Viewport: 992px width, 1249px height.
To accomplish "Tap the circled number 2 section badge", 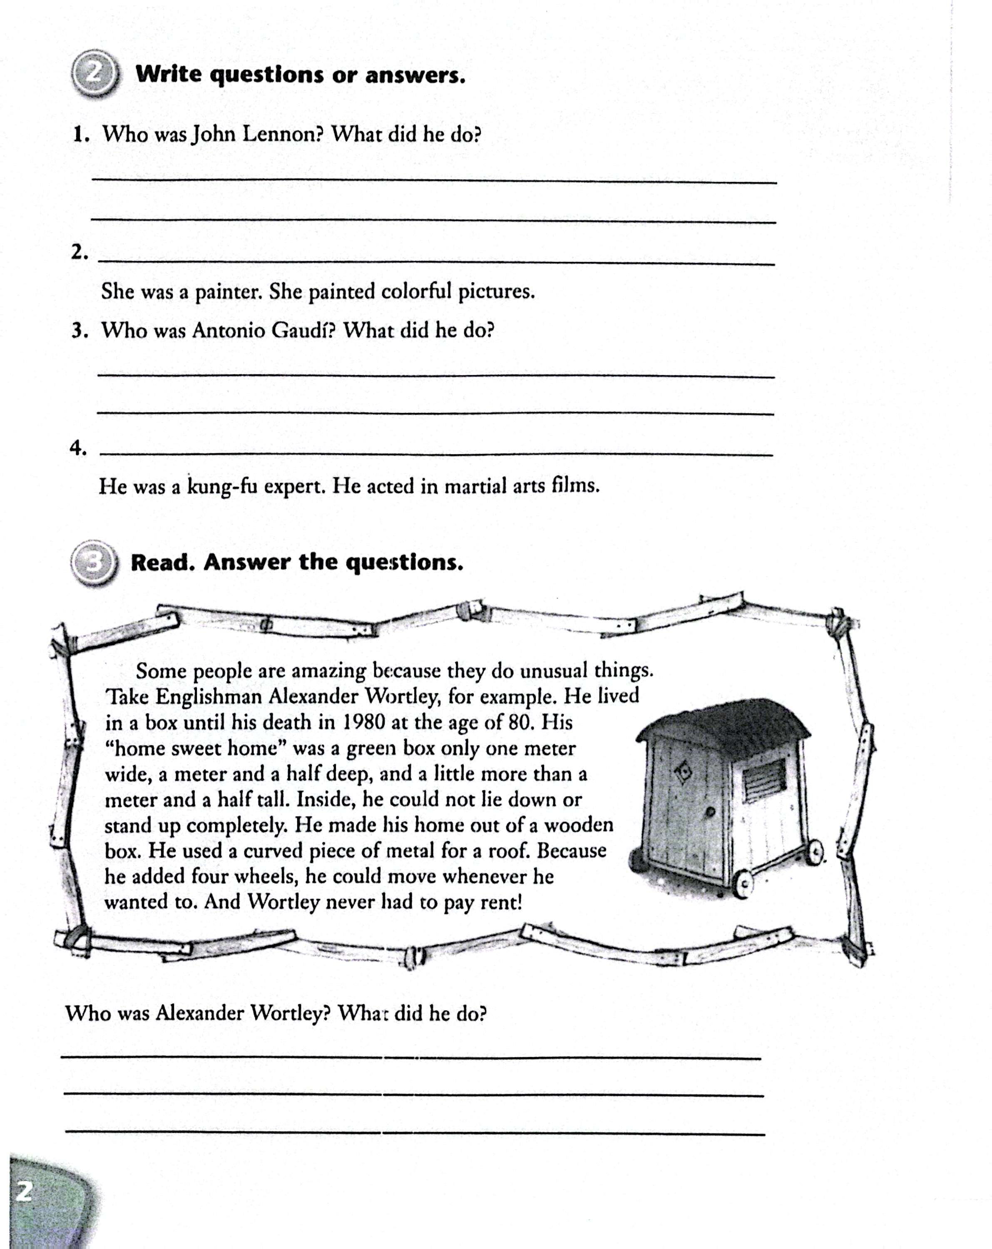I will (94, 74).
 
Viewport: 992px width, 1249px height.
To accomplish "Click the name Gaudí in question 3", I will (303, 331).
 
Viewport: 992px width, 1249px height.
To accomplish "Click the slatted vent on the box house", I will (764, 778).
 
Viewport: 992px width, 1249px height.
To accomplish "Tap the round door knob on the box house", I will (710, 812).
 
